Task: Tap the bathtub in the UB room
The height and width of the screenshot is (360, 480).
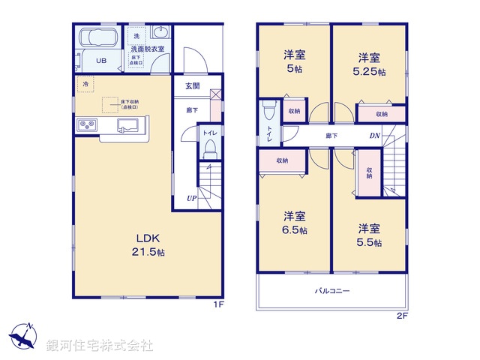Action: point(97,38)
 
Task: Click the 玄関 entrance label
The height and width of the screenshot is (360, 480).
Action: point(192,86)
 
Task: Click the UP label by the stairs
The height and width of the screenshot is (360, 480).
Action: point(192,199)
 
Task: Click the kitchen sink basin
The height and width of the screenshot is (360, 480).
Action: point(126,125)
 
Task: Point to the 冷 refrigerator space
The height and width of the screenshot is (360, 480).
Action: point(85,84)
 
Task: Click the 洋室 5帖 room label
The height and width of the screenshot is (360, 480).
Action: point(293,61)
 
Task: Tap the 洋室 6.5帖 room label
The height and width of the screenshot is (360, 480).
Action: point(293,223)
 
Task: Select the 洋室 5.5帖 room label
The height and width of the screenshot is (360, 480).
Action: point(369,235)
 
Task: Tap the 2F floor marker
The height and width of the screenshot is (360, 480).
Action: point(402,316)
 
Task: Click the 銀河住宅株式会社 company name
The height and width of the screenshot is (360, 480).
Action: point(100,346)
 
